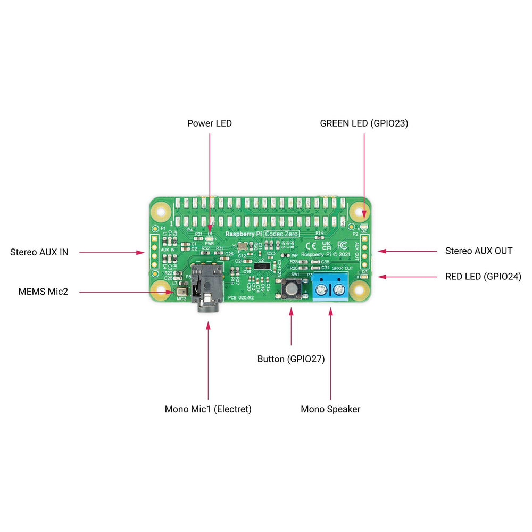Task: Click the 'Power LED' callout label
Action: click(209, 123)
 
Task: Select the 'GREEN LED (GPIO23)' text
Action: click(364, 123)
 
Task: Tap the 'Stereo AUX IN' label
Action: click(39, 252)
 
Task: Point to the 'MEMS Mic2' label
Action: click(44, 292)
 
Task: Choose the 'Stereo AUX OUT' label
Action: click(479, 251)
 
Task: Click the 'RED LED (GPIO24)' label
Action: click(483, 277)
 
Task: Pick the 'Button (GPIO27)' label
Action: click(291, 359)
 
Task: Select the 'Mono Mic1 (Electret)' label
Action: click(208, 409)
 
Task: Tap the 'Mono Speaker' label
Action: click(330, 409)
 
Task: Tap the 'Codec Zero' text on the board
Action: click(282, 234)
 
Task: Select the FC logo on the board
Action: click(343, 245)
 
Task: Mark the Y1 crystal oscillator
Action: click(244, 246)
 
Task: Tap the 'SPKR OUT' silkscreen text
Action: click(342, 268)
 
